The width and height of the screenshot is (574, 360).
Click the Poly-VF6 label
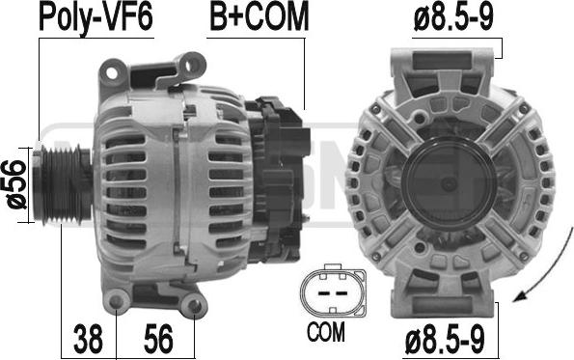click(96, 16)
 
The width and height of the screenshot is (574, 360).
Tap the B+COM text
click(260, 16)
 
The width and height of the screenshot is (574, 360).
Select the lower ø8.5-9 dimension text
click(445, 339)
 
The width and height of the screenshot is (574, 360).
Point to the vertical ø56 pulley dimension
click(15, 184)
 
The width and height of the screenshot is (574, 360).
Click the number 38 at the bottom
click(88, 339)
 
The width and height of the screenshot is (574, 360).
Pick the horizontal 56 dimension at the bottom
click(158, 339)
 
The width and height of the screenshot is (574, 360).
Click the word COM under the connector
click(325, 331)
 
